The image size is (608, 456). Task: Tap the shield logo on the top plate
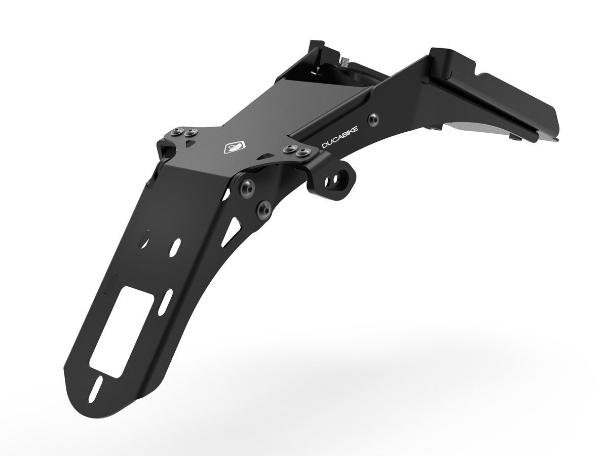tap(229, 147)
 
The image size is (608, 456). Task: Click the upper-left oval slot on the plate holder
tap(146, 238)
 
